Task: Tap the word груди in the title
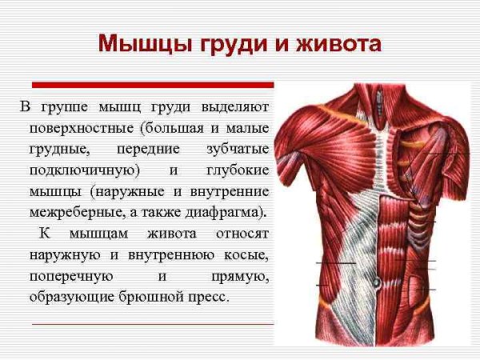click(227, 42)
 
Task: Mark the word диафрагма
click(230, 214)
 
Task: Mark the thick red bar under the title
click(152, 84)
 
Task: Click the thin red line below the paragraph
click(152, 324)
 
